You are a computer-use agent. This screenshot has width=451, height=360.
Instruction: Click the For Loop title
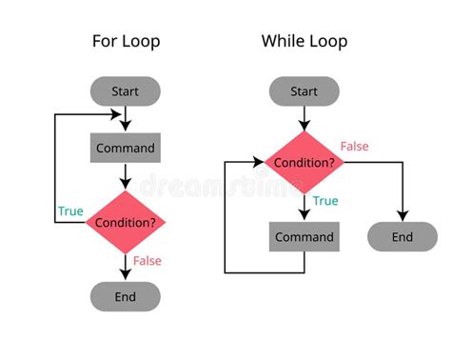[126, 41]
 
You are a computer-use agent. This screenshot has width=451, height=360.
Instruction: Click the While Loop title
[304, 41]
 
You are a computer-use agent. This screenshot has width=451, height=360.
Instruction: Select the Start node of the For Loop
[125, 91]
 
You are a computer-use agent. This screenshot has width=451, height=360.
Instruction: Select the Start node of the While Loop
[304, 91]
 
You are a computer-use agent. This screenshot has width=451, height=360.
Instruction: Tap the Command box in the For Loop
[125, 149]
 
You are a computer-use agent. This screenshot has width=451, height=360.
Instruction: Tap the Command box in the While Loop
[304, 237]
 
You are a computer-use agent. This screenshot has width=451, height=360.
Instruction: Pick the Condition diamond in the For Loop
[125, 223]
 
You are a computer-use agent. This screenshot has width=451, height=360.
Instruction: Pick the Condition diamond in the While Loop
[304, 162]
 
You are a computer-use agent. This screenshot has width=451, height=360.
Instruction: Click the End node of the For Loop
[125, 296]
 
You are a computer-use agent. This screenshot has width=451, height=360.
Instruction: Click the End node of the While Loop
[402, 237]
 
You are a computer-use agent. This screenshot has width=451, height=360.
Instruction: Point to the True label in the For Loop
[70, 211]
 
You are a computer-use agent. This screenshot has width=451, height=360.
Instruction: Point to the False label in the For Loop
[147, 261]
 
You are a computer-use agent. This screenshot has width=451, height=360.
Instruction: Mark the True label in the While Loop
[325, 201]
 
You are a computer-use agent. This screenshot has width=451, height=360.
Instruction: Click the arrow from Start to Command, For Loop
[125, 119]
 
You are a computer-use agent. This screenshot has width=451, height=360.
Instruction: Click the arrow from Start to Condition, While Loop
[304, 117]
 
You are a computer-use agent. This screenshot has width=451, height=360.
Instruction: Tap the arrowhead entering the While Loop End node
[402, 216]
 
